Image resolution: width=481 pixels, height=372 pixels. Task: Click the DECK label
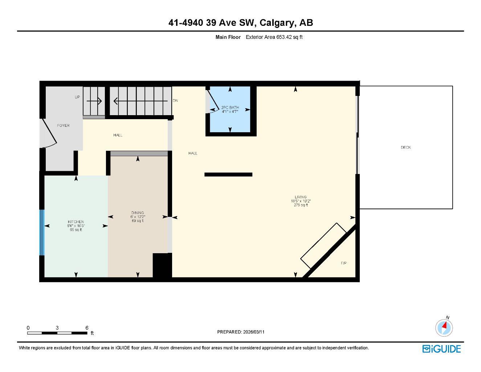(x=405, y=147)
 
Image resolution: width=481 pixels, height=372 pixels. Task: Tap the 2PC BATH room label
(x=230, y=108)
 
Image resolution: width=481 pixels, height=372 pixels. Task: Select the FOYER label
(x=63, y=126)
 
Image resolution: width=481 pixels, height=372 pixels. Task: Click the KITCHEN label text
(x=76, y=222)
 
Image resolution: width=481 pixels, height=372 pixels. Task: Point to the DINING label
(x=138, y=213)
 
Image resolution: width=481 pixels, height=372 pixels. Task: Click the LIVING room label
(x=301, y=197)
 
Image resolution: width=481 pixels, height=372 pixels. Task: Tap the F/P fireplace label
(x=343, y=263)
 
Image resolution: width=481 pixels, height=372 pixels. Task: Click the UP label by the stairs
(x=77, y=97)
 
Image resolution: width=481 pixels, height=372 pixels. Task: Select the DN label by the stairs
(x=175, y=101)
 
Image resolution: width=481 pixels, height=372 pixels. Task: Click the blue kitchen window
(x=42, y=233)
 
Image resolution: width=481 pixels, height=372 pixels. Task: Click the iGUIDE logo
(x=441, y=349)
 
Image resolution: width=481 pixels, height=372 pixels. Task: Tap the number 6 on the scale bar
(x=87, y=328)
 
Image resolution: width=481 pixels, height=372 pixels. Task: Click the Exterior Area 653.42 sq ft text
(x=274, y=37)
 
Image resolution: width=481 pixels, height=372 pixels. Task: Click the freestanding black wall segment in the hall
(x=228, y=175)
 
